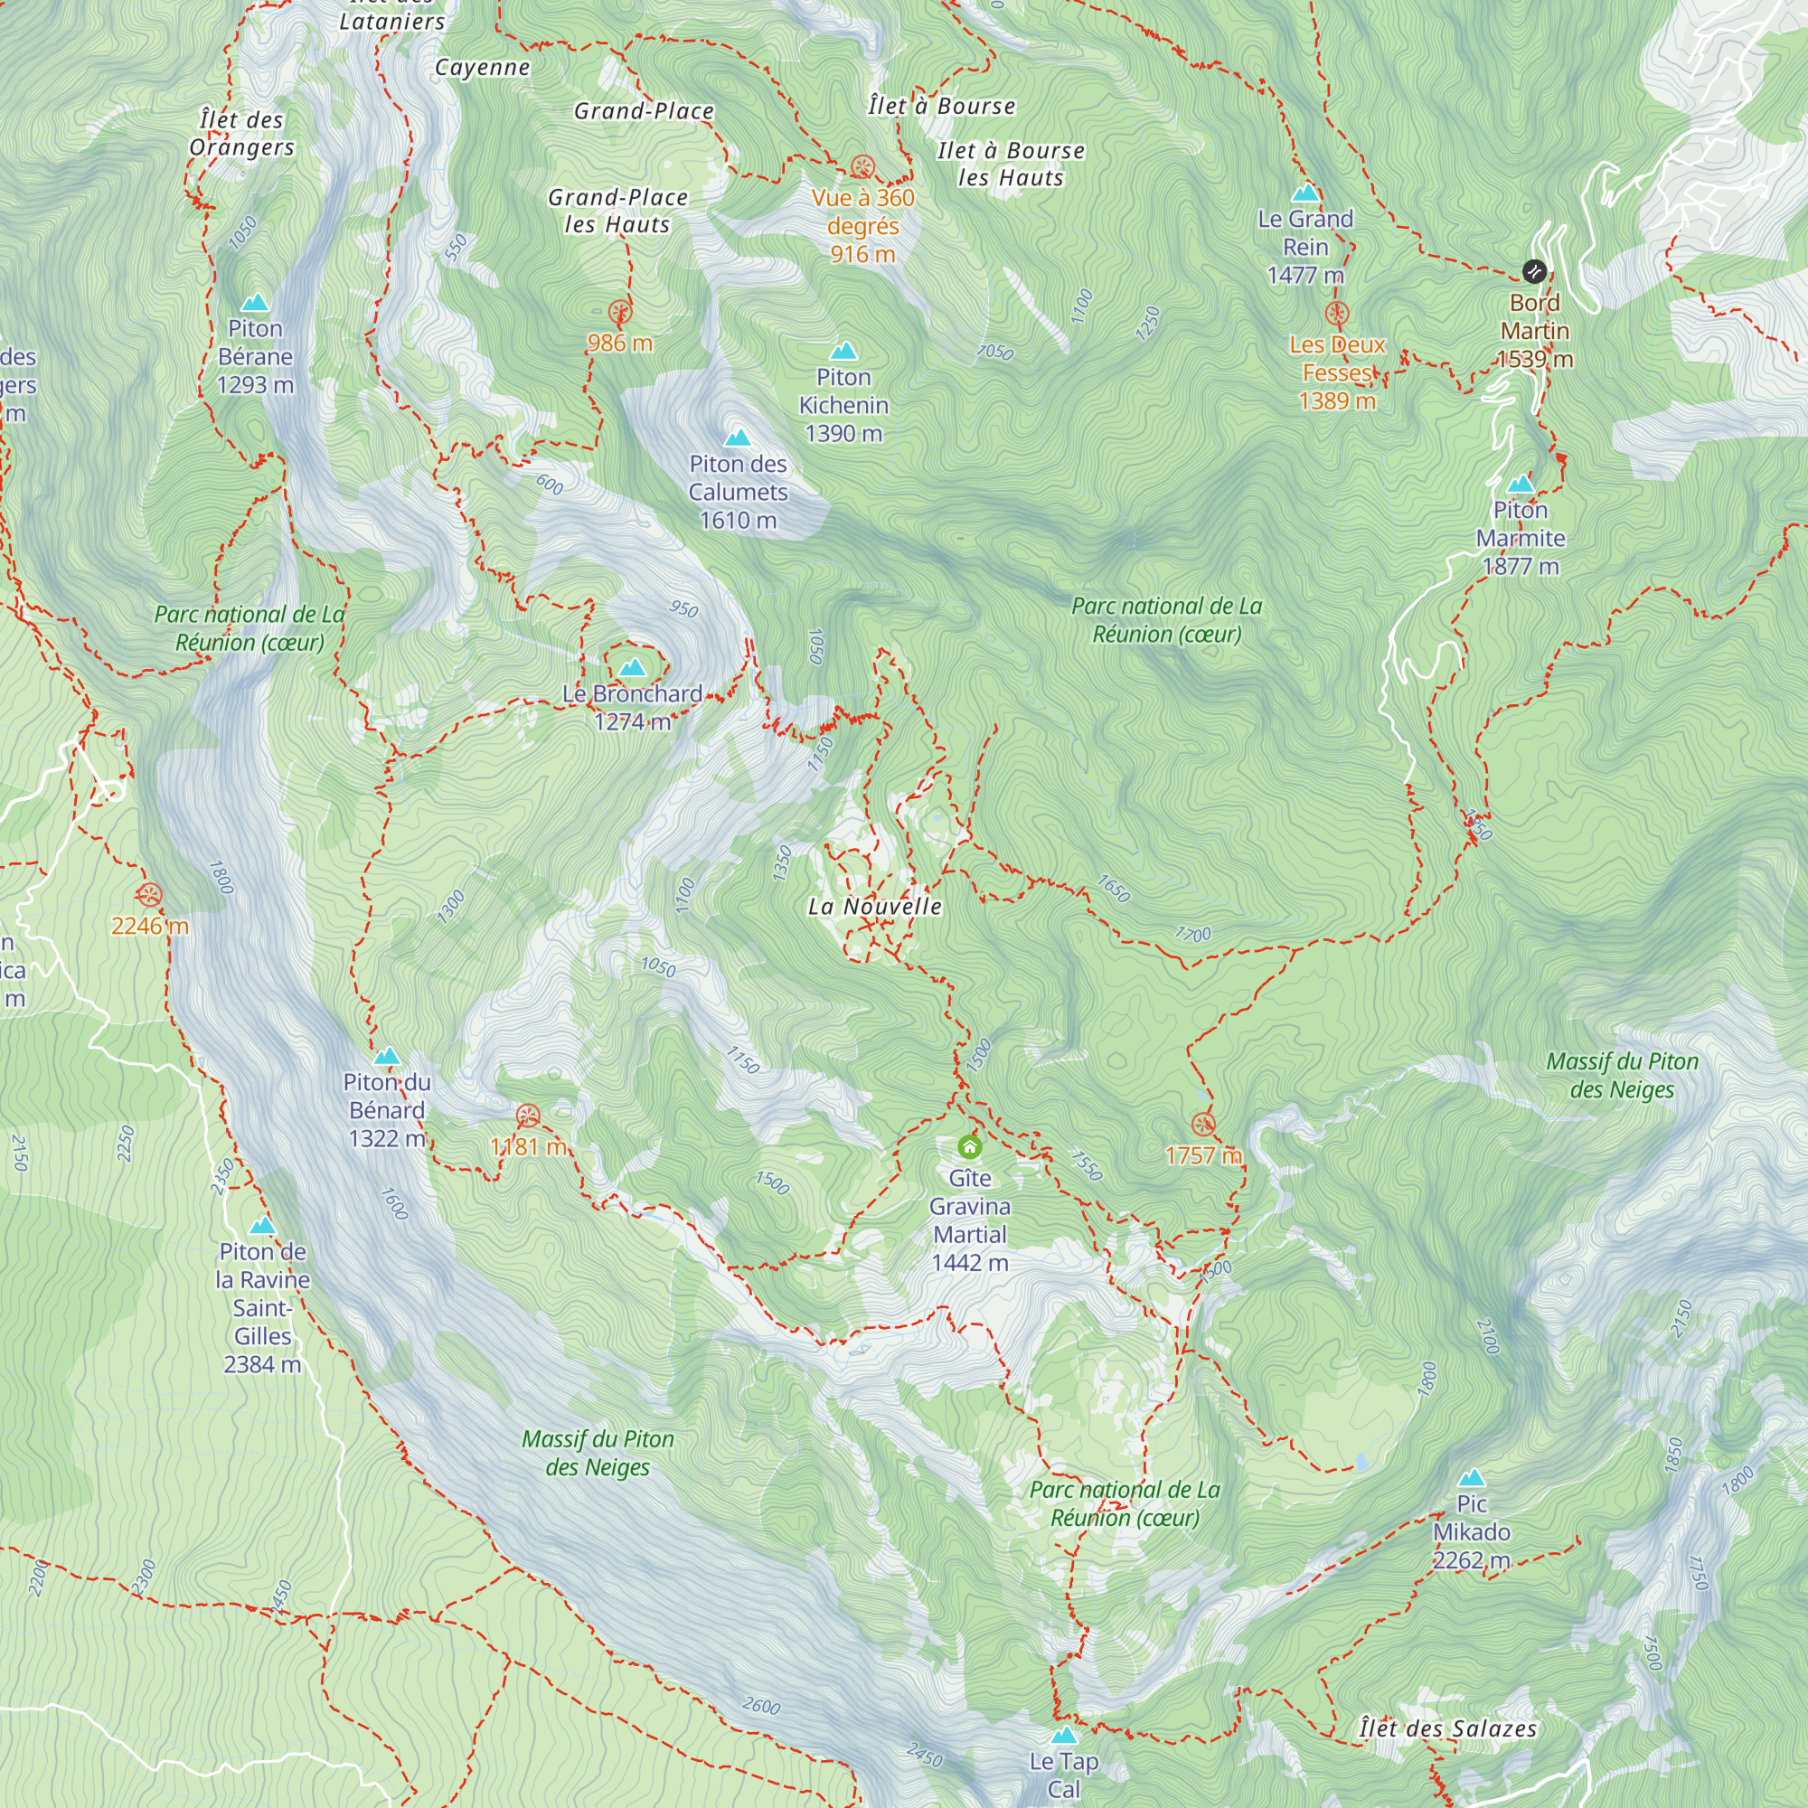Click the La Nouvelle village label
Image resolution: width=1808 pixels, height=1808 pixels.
[874, 906]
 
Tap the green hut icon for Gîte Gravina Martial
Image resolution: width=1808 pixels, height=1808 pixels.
[969, 1146]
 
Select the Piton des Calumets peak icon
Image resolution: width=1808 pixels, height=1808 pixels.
[738, 438]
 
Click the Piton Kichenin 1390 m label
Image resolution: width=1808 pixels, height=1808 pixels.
[843, 405]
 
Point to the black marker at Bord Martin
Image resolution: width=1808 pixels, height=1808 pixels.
[1534, 271]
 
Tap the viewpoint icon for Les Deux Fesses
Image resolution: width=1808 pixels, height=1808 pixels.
[1337, 314]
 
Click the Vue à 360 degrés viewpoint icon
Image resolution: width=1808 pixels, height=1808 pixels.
[862, 167]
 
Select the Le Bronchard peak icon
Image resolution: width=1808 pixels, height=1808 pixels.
[633, 667]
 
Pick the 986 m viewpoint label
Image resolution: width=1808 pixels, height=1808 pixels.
[619, 343]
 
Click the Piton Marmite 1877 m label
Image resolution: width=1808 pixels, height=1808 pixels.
[1520, 538]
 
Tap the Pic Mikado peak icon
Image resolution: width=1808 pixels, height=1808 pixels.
[1471, 1479]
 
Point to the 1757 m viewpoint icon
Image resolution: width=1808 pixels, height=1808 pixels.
[1203, 1125]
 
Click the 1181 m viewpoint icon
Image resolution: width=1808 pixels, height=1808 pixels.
[528, 1116]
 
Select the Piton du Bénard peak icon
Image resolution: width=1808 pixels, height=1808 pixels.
[387, 1057]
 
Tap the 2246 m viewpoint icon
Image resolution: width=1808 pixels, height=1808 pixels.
[150, 896]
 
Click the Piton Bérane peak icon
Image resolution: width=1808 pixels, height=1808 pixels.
[255, 303]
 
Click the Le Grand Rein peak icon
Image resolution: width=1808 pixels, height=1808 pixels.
[1304, 193]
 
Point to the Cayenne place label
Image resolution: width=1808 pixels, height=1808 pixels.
[482, 68]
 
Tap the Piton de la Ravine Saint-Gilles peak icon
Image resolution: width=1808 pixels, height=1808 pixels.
[262, 1226]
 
